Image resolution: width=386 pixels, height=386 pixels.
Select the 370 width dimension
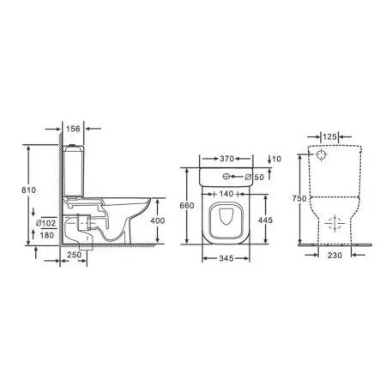(227, 159)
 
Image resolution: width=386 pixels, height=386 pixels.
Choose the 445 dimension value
(268, 219)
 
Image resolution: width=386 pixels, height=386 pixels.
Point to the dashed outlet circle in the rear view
(334, 224)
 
